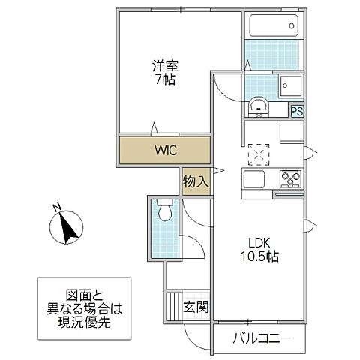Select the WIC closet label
[166, 150]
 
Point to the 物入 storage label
[196, 181]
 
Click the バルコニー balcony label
[260, 337]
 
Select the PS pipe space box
[298, 111]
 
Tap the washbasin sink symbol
[259, 106]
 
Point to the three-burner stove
[290, 178]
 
